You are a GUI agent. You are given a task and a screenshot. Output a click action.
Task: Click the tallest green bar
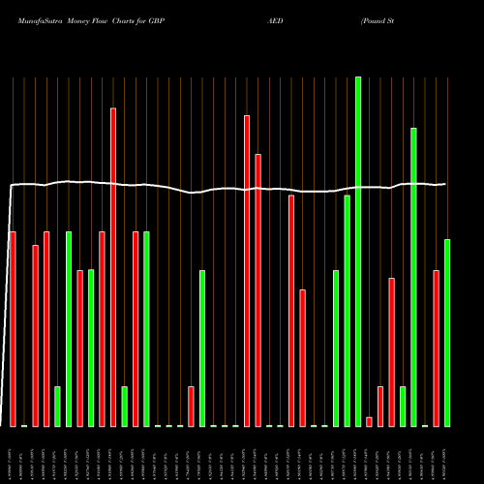tap(358, 252)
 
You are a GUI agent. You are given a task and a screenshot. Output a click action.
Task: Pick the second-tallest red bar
tap(247, 271)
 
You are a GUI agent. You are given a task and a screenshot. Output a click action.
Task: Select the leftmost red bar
tap(13, 329)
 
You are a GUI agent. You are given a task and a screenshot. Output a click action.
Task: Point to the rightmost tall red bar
tap(436, 348)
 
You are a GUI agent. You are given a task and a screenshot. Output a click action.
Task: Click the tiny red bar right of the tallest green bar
tap(369, 421)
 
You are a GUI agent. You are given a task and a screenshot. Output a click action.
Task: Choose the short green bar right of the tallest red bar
tap(124, 406)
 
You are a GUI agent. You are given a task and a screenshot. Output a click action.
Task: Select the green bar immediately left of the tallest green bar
tap(347, 310)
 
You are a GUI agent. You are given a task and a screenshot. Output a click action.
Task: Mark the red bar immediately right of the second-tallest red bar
tap(257, 290)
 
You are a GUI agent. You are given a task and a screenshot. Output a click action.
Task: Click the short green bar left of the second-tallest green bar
tap(403, 406)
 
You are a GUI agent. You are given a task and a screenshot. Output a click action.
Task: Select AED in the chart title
tap(275, 19)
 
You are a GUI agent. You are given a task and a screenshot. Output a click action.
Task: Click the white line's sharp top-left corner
tap(12, 184)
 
